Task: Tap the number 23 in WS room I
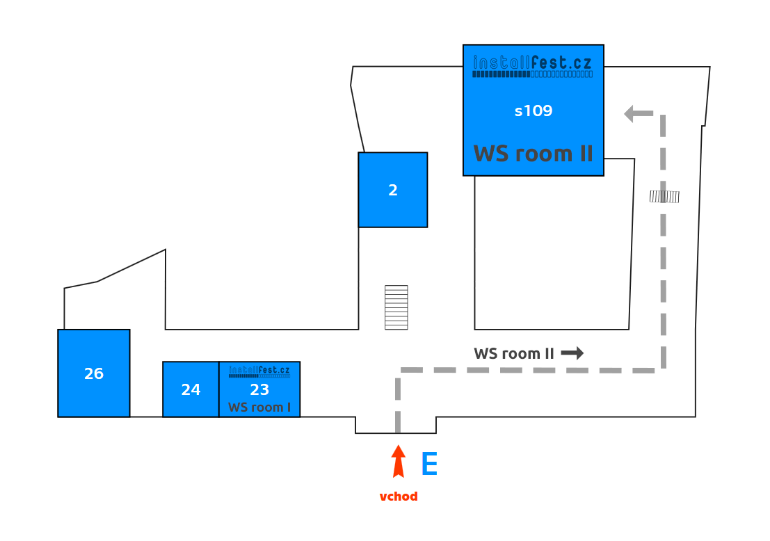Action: [259, 390]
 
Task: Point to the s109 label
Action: [534, 111]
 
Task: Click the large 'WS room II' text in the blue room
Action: [534, 153]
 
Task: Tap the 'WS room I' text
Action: [259, 407]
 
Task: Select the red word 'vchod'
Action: [399, 496]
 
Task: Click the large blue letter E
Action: [429, 465]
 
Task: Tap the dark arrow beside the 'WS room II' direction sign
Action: [572, 353]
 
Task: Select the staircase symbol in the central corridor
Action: [396, 307]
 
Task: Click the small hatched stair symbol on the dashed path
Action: [664, 197]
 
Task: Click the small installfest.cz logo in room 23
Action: [259, 370]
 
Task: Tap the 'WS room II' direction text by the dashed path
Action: [514, 353]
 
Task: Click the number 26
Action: [94, 374]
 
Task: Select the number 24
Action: [191, 390]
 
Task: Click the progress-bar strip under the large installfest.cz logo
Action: [533, 74]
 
